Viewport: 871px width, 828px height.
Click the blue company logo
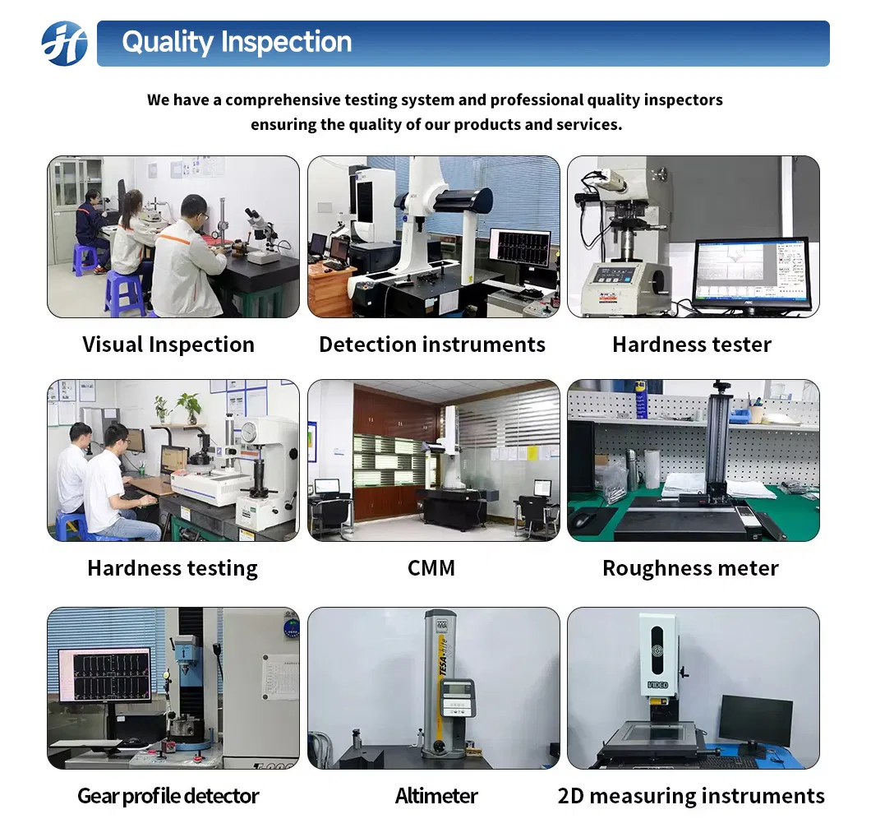point(64,44)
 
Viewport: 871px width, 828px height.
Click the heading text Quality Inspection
point(237,43)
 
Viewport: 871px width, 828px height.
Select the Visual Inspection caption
point(168,345)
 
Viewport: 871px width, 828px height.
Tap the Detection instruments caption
point(432,345)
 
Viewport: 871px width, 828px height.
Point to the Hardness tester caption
point(692,345)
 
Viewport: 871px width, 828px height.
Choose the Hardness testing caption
point(173,568)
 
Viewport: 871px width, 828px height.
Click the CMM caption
point(431,568)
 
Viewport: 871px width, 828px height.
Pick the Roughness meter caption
point(690,568)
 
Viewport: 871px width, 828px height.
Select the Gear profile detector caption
point(168,796)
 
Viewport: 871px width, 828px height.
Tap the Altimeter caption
point(436,796)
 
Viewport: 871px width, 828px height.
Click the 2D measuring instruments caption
point(690,796)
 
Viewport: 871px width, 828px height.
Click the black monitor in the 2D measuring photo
point(755,721)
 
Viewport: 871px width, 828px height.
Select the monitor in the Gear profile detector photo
point(104,673)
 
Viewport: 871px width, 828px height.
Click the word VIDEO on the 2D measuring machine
point(657,684)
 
